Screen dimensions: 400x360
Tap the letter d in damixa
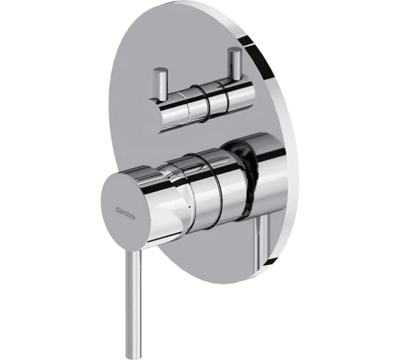(117, 209)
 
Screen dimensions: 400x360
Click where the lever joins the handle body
(134, 251)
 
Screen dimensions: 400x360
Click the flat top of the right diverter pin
(234, 49)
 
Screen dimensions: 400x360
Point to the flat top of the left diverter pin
(160, 70)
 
